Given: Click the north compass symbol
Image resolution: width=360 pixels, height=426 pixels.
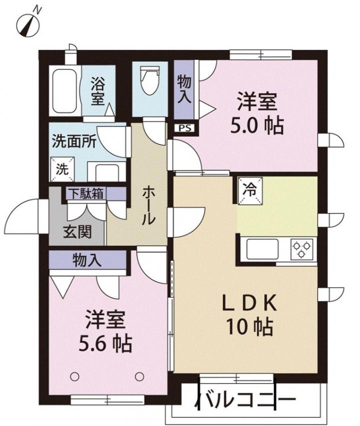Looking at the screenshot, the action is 28,24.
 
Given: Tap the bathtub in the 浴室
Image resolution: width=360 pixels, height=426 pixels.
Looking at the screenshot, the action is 64,91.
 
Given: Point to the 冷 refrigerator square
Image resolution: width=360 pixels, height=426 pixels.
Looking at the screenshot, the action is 250,190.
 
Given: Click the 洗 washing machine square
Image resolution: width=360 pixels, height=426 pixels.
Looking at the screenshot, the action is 62,169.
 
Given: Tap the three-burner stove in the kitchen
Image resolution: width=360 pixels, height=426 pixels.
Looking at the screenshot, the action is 301,249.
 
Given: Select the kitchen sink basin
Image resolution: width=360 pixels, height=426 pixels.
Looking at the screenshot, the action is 262,249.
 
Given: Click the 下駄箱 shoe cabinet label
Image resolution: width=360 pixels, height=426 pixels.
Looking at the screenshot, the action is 85,193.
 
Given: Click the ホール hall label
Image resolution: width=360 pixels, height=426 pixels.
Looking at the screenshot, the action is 148,205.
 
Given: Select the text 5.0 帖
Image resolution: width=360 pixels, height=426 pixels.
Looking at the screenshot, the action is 257,125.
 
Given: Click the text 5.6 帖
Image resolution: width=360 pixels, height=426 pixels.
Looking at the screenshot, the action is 105,344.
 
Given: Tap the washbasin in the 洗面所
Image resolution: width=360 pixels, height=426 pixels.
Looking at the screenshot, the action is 107,172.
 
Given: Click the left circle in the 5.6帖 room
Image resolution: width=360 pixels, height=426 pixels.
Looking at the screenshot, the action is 74,377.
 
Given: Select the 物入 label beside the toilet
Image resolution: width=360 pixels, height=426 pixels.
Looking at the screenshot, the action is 184,89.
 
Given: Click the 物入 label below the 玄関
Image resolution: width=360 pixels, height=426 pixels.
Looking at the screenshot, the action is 87,260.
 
